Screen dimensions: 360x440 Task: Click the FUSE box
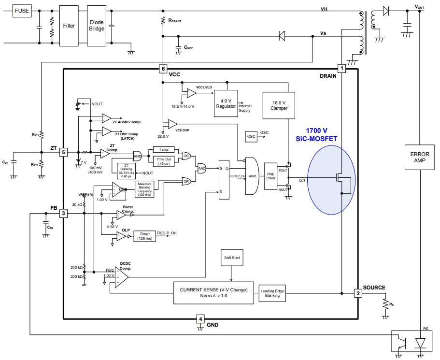22,10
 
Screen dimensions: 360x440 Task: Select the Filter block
69,26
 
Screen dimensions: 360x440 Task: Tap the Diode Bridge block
97,26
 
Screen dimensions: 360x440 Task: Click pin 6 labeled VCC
163,69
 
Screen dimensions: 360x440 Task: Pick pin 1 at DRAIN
342,69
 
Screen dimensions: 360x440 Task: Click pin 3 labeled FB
63,213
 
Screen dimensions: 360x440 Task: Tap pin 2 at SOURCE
357,293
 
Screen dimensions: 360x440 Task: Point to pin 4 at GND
201,318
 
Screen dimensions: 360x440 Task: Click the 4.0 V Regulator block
226,103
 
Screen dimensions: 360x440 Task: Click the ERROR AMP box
420,157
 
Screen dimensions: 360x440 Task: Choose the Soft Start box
232,258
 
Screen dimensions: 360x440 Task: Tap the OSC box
251,136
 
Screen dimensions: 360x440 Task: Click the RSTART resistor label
174,21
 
